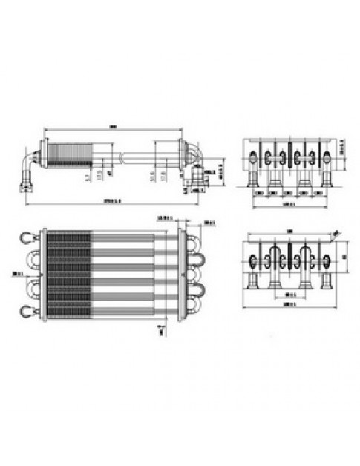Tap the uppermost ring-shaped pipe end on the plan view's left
tap(27, 237)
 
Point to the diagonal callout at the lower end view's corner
tap(336, 234)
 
